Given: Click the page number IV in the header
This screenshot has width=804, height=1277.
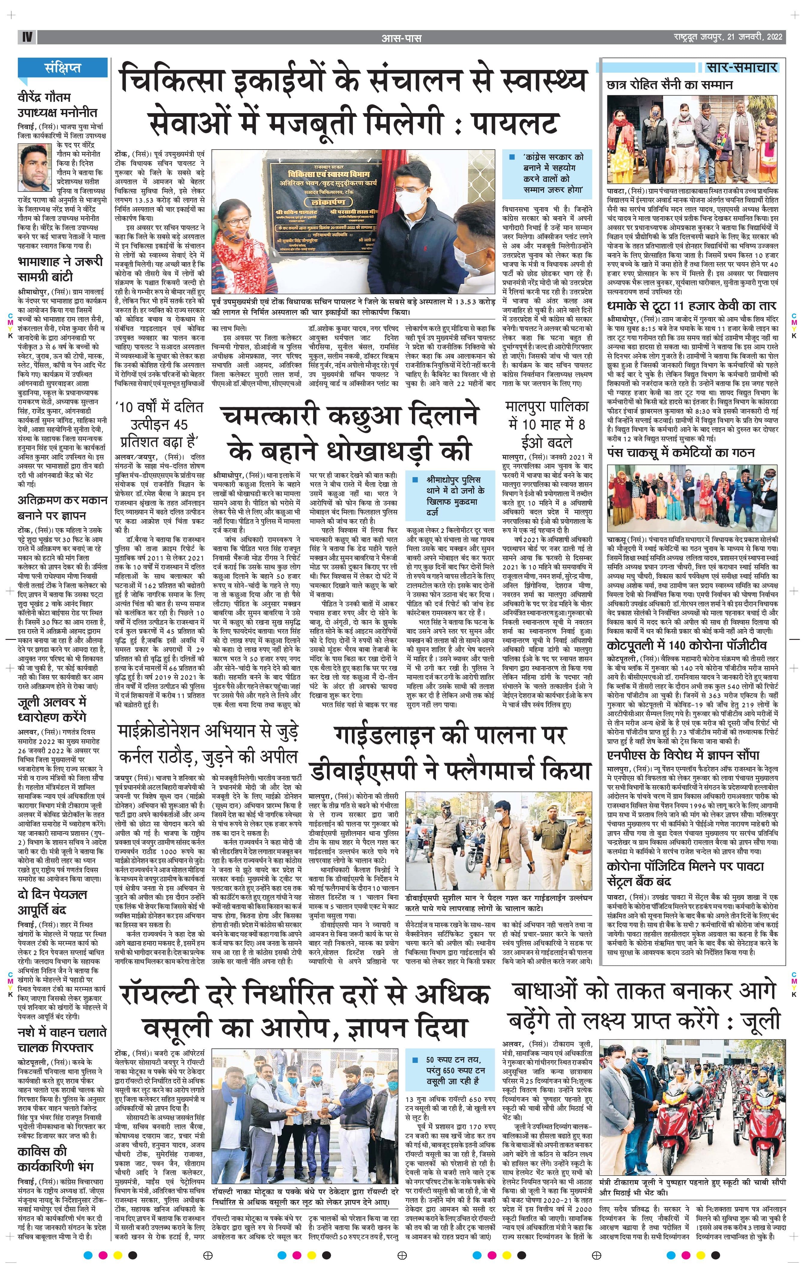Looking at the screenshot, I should [x=26, y=37].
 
